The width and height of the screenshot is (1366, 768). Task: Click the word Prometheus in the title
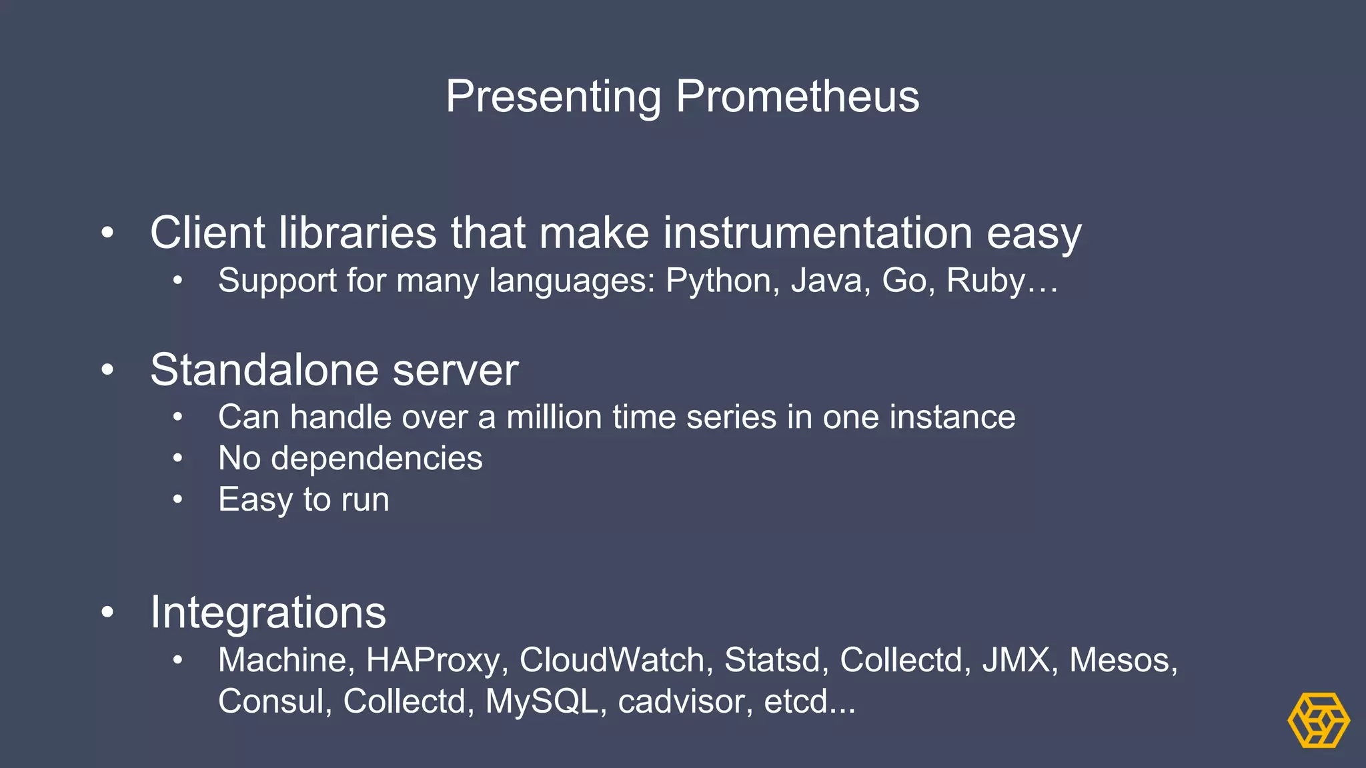coord(797,97)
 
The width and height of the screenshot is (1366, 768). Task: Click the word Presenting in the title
coord(553,97)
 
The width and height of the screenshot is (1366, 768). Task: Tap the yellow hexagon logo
coord(1318,720)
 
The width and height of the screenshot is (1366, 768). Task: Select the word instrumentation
coord(818,233)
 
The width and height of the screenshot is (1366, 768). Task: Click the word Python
coord(718,281)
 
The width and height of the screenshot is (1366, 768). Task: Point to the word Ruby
coord(986,281)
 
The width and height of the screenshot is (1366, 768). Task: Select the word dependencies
coord(376,459)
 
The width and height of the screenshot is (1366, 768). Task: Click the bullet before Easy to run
coord(177,500)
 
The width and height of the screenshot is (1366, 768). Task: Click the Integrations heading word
coord(268,613)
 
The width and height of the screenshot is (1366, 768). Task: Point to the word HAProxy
coord(432,661)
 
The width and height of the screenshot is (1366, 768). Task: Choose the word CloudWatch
coord(612,661)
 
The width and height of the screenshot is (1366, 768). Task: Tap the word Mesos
coord(1119,661)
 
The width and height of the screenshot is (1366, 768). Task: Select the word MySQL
coord(542,702)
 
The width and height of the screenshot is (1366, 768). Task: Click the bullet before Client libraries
coord(107,233)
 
